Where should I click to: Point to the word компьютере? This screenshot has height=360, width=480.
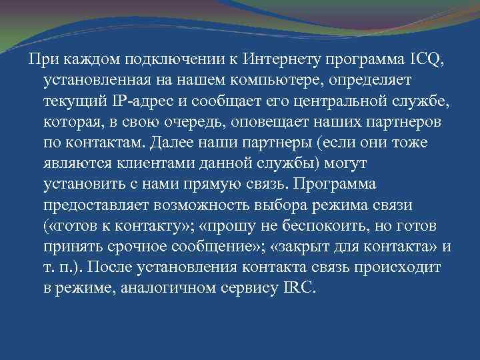coord(254,80)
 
